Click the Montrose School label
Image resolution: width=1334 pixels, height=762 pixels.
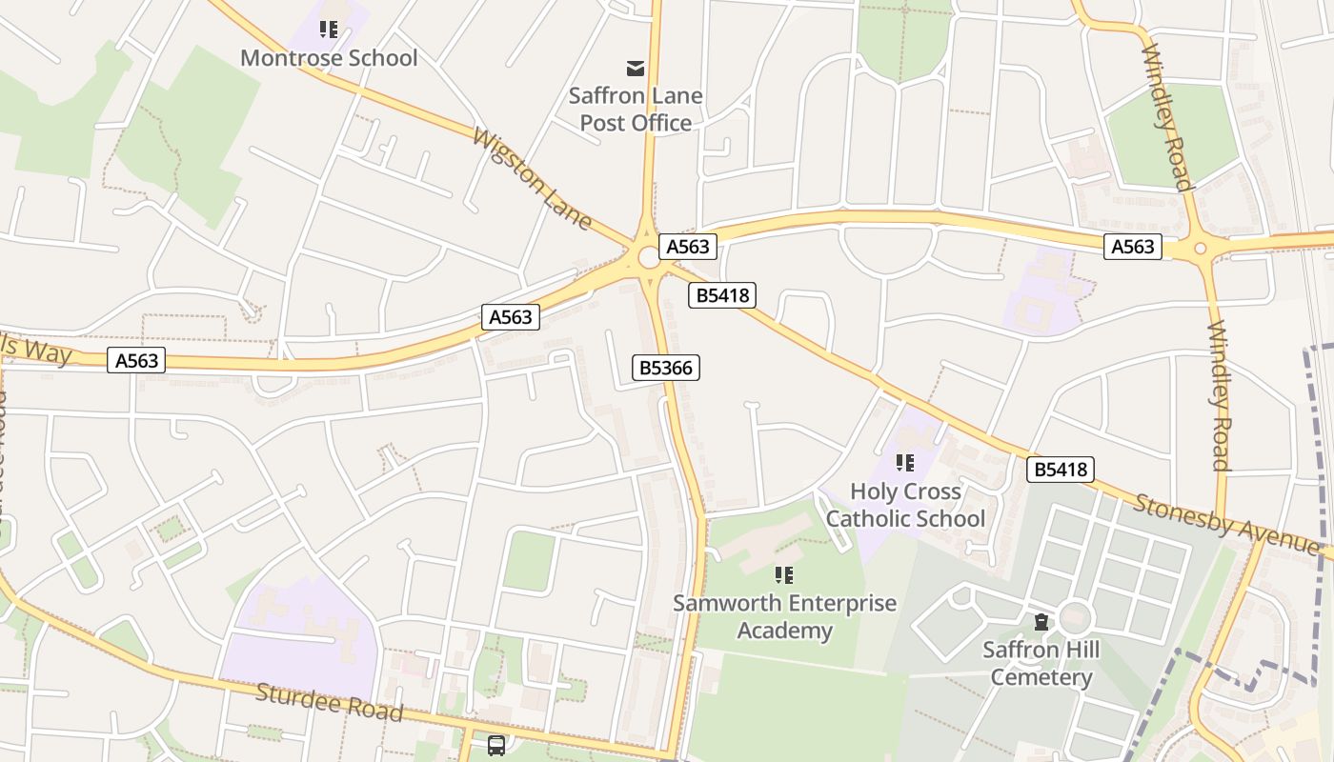(x=329, y=58)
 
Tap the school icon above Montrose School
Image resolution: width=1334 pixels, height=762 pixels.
(x=329, y=30)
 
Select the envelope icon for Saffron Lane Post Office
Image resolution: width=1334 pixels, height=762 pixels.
(x=635, y=68)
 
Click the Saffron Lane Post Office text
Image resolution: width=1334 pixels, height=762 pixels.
(x=636, y=109)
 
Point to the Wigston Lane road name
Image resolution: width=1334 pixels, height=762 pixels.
(x=532, y=179)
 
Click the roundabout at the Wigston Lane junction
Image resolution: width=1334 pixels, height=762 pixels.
(x=650, y=256)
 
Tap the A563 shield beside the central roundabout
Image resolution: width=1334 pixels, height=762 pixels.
(x=688, y=247)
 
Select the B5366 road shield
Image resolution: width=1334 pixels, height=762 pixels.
(x=666, y=368)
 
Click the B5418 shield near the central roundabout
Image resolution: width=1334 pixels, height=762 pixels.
(x=722, y=295)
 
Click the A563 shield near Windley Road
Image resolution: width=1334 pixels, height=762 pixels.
(x=1133, y=247)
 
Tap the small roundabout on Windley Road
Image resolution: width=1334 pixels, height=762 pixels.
(x=1200, y=249)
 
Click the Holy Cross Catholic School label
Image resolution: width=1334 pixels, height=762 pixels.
(x=905, y=505)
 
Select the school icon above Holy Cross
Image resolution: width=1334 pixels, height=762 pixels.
(x=904, y=463)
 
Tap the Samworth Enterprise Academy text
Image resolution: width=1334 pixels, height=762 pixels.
(x=784, y=616)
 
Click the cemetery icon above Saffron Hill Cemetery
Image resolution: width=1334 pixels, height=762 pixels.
(x=1041, y=622)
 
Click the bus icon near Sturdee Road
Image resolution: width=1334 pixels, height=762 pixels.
(x=496, y=746)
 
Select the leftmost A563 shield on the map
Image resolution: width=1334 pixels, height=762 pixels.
(x=136, y=360)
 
